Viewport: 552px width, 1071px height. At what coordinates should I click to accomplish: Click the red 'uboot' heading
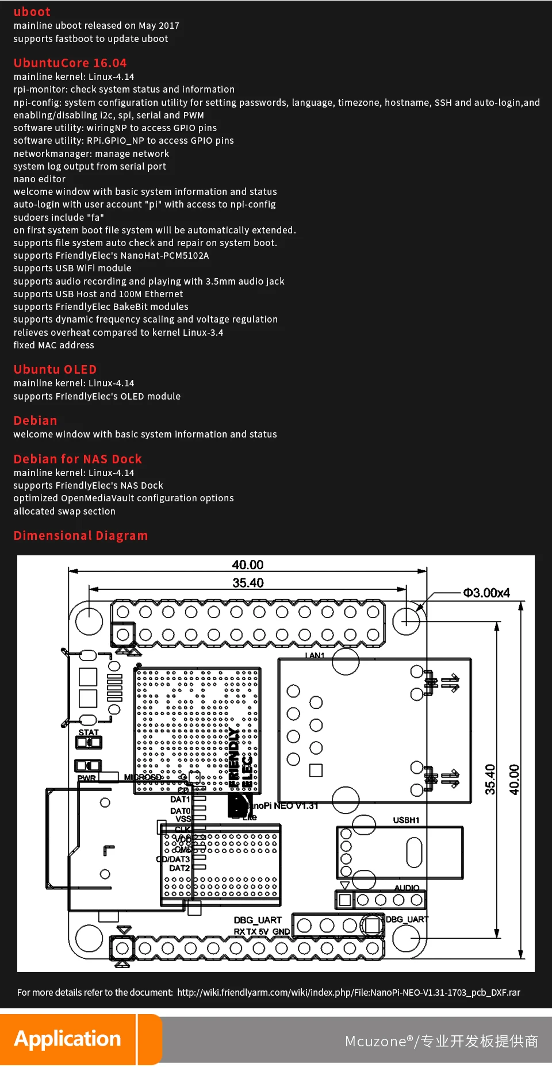point(32,12)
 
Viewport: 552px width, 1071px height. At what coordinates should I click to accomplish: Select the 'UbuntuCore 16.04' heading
point(70,63)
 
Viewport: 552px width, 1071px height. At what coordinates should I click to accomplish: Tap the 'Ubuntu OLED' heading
point(55,370)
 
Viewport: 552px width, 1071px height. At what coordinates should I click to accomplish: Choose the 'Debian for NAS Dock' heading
point(78,459)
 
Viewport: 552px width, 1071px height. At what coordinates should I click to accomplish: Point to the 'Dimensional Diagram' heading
point(80,536)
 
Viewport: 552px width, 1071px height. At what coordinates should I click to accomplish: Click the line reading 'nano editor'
point(40,179)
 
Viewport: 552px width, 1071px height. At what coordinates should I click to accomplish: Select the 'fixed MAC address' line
point(54,346)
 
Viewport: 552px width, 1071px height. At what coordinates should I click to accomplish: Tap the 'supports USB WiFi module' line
point(72,268)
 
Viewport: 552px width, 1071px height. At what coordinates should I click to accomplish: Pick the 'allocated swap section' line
point(64,512)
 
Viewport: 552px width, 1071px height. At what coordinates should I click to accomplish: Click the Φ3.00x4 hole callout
point(486,593)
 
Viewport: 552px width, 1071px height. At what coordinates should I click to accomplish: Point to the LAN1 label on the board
point(315,655)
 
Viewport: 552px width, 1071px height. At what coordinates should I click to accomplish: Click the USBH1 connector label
point(406,820)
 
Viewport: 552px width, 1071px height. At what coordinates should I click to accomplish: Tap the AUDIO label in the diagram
point(407,888)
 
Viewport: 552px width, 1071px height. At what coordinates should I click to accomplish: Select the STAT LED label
point(89,732)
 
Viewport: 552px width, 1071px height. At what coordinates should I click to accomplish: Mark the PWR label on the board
point(87,778)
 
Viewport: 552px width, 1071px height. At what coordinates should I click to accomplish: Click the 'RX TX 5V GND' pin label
point(262,932)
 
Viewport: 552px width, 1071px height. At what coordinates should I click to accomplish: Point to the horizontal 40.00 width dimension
point(248,565)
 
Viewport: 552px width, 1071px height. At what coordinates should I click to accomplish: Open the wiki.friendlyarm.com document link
point(348,993)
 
